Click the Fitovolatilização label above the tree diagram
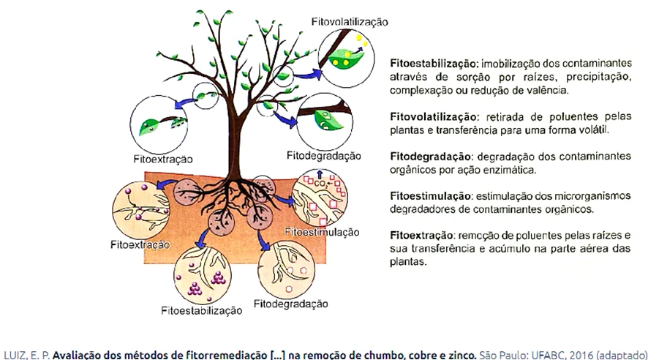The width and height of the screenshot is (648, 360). pyautogui.click(x=350, y=22)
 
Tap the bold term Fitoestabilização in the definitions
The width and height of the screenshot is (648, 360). pyautogui.click(x=434, y=64)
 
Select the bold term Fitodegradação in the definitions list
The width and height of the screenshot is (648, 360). pyautogui.click(x=431, y=157)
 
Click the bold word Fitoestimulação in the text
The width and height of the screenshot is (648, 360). pyautogui.click(x=431, y=196)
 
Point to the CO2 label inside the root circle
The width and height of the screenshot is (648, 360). pyautogui.click(x=320, y=184)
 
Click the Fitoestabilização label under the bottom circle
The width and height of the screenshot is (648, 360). pyautogui.click(x=202, y=311)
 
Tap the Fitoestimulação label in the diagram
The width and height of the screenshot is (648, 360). pyautogui.click(x=323, y=232)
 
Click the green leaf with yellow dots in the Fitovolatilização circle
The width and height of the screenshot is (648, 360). pyautogui.click(x=345, y=59)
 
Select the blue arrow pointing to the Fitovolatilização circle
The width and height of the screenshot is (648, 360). pyautogui.click(x=308, y=75)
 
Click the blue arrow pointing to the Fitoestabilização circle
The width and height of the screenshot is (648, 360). pyautogui.click(x=202, y=239)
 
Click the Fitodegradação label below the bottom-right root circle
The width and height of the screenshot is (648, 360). pyautogui.click(x=291, y=304)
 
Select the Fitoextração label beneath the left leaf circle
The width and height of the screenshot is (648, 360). pyautogui.click(x=163, y=160)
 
